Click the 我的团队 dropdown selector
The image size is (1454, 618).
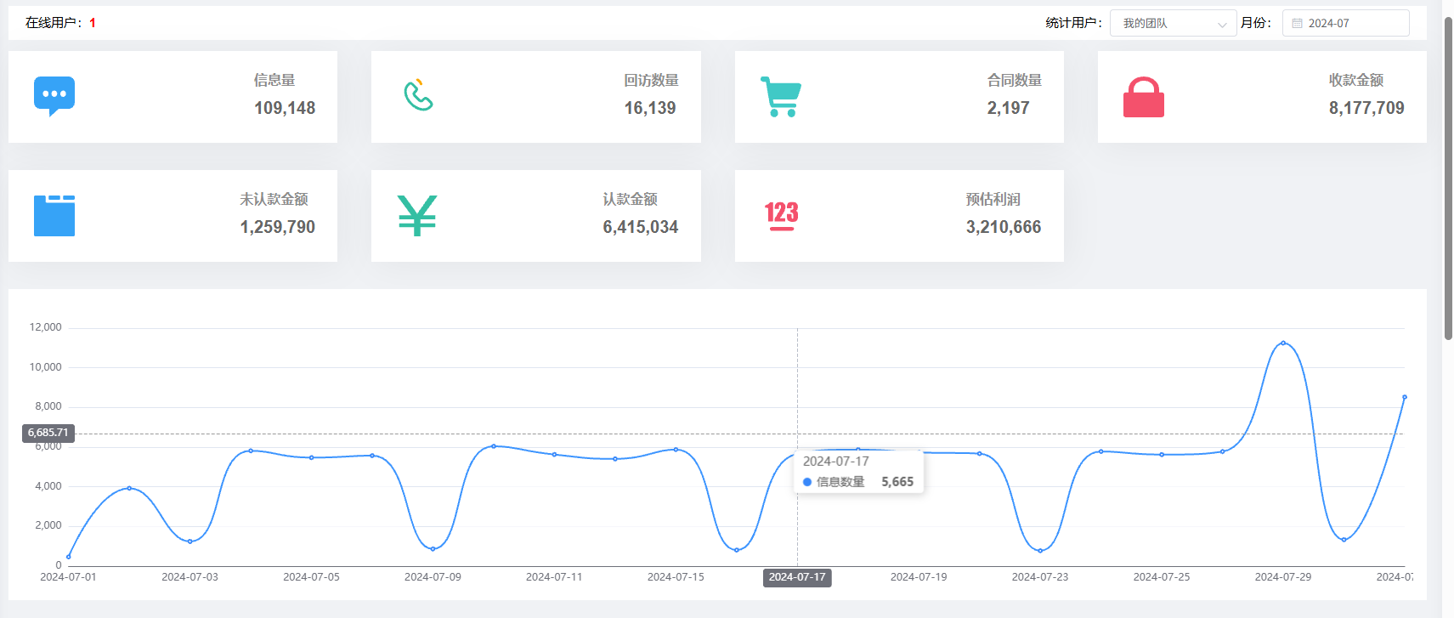click(x=1173, y=24)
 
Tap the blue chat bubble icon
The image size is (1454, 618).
click(x=54, y=96)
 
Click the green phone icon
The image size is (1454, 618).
click(x=418, y=96)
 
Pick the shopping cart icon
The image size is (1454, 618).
click(x=780, y=97)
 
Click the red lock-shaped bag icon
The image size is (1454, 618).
click(x=1143, y=98)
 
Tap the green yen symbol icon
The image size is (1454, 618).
click(x=416, y=215)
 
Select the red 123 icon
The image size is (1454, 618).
click(x=781, y=215)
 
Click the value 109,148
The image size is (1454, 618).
click(x=285, y=108)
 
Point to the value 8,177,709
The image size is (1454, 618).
click(x=1366, y=108)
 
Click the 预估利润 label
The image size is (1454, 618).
click(x=993, y=200)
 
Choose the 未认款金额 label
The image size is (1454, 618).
click(x=274, y=200)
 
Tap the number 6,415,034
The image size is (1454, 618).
click(x=641, y=227)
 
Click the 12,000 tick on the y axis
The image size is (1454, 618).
click(x=46, y=327)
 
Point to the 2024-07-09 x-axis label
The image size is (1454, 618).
click(x=433, y=577)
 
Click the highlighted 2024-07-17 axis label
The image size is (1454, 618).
click(x=797, y=577)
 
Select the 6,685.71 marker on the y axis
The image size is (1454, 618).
click(x=48, y=433)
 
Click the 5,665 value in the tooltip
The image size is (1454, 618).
click(x=897, y=482)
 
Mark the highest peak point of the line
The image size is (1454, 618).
click(x=1283, y=343)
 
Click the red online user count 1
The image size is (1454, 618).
click(x=93, y=23)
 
